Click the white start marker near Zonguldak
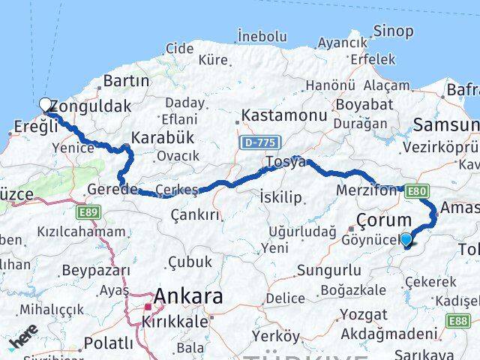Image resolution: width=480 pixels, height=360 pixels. pyautogui.click(x=45, y=105)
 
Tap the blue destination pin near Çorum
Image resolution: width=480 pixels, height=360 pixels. pyautogui.click(x=406, y=240)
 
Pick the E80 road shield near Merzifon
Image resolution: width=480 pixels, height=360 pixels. pyautogui.click(x=418, y=192)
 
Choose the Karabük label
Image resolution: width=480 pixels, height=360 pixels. pyautogui.click(x=163, y=137)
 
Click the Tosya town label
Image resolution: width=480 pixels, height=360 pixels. pyautogui.click(x=285, y=161)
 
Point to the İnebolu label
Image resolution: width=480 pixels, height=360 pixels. pyautogui.click(x=262, y=36)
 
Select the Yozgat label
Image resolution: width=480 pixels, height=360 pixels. pyautogui.click(x=363, y=314)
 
